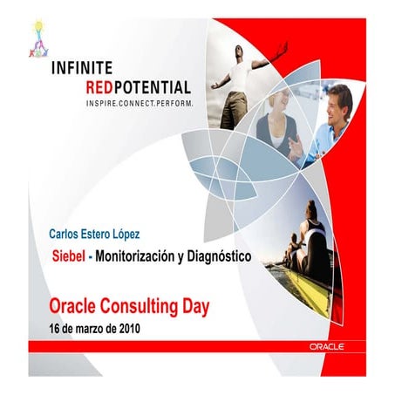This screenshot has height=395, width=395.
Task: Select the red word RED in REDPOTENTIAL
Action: point(103,86)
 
